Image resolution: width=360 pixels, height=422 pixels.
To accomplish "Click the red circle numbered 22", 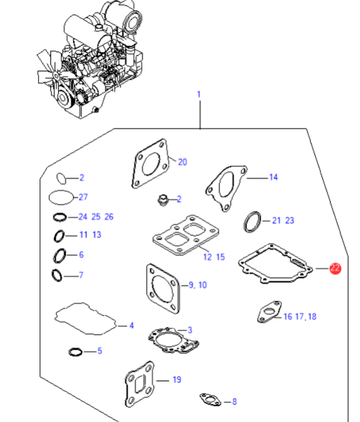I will [x=335, y=269].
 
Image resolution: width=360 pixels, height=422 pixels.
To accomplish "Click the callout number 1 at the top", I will [x=199, y=95].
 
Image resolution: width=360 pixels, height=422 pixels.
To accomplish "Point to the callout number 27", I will [x=83, y=197].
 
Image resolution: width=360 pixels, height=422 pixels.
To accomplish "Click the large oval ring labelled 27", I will [x=60, y=196].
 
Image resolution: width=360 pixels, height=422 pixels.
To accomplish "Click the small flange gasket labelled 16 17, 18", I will [x=267, y=313].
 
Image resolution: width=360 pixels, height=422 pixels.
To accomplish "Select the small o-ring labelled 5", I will [x=76, y=351].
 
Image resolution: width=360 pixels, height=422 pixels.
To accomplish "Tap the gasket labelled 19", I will [x=139, y=382].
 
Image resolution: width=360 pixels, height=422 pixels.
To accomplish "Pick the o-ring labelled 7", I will [x=58, y=275].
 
